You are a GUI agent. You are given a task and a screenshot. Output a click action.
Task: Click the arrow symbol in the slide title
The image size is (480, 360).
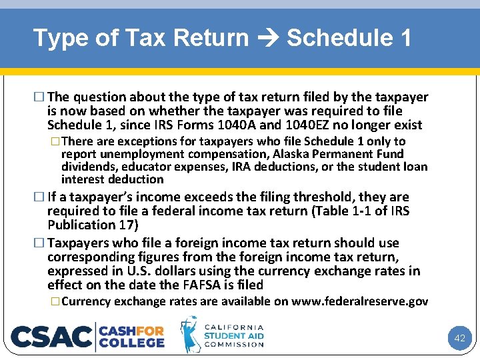pos(267,39)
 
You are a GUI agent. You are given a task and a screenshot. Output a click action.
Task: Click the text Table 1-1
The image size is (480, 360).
pos(357,211)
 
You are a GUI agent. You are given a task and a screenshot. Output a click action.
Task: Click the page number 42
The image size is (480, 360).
pos(459,338)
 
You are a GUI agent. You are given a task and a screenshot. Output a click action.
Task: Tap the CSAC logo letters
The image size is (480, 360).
pos(51,337)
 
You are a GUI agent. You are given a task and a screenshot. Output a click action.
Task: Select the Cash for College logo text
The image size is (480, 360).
pos(131,337)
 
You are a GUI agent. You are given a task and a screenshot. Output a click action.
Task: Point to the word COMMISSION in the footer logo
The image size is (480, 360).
pos(233,345)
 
